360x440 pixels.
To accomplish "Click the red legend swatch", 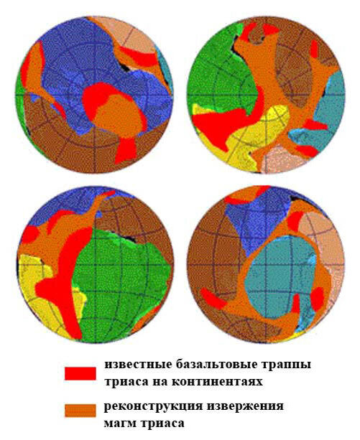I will [80, 373].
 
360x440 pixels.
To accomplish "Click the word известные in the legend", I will [134, 365].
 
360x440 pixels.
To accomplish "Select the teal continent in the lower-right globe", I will [281, 276].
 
